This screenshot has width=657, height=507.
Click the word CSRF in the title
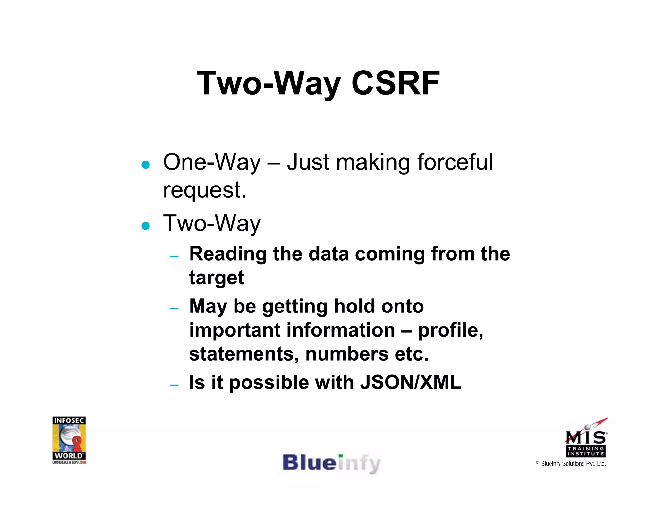[395, 83]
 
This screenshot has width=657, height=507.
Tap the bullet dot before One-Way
[146, 165]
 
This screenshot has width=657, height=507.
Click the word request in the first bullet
[204, 190]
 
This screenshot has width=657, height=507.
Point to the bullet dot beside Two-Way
[146, 226]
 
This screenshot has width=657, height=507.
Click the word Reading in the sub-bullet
[228, 254]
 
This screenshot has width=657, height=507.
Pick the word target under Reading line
[217, 278]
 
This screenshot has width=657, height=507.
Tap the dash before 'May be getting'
[174, 309]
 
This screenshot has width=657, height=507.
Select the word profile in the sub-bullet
[450, 330]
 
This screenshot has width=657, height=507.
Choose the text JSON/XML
[411, 382]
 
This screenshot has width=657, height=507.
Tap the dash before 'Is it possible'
[174, 385]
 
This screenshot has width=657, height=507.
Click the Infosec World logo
[69, 440]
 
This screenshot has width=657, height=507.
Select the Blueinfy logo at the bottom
[331, 463]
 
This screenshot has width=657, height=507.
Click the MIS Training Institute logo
[586, 438]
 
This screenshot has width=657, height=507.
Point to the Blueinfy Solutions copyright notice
[571, 464]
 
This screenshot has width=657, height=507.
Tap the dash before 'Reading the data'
[174, 256]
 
